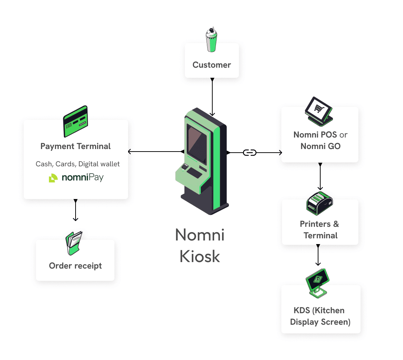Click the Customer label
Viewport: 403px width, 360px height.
[x=212, y=65]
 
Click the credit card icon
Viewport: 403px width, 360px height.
[x=76, y=121]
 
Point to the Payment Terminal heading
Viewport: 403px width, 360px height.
[x=76, y=147]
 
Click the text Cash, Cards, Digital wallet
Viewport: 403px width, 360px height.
[x=78, y=164]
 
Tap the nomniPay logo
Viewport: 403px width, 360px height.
[x=76, y=178]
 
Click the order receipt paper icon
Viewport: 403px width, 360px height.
[x=74, y=243]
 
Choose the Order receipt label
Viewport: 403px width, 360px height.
[x=76, y=266]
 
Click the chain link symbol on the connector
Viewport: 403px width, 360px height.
[x=250, y=153]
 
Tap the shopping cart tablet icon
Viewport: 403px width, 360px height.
[x=318, y=110]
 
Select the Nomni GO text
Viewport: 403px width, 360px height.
[x=320, y=146]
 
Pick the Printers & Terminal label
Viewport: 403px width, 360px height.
[x=320, y=230]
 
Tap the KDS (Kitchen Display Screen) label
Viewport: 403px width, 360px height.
[x=320, y=316]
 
